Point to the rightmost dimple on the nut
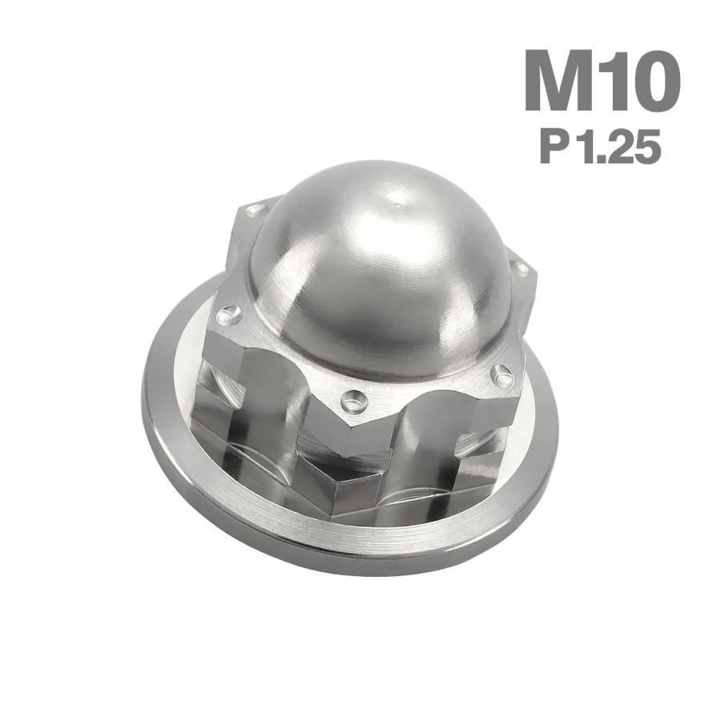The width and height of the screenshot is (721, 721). (522, 271)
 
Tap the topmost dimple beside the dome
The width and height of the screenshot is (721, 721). (255, 211)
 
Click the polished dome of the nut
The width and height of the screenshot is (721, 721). (377, 272)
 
